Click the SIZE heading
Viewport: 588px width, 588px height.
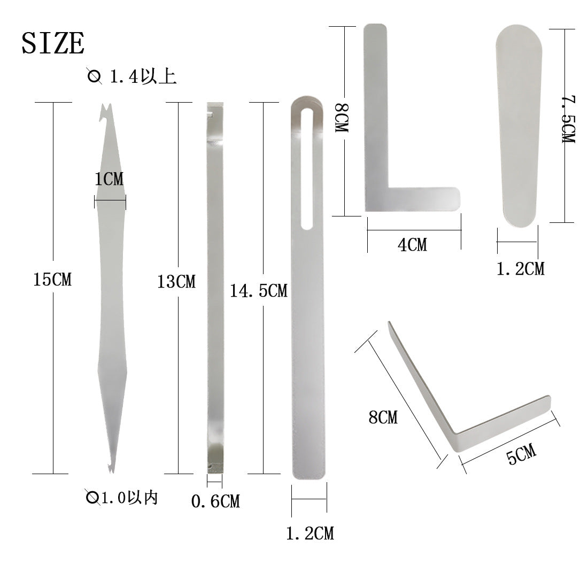pos(53,43)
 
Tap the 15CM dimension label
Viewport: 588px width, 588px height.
pos(52,280)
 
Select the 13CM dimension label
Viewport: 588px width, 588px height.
pos(176,282)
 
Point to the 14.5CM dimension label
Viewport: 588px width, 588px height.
pos(259,291)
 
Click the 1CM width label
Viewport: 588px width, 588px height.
pos(109,179)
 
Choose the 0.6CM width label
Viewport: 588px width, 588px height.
pos(215,501)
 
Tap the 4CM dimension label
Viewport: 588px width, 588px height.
pos(413,245)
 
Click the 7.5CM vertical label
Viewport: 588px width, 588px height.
pos(569,119)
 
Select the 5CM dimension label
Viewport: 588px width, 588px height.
pos(521,454)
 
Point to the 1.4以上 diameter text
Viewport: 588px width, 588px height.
pos(143,76)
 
